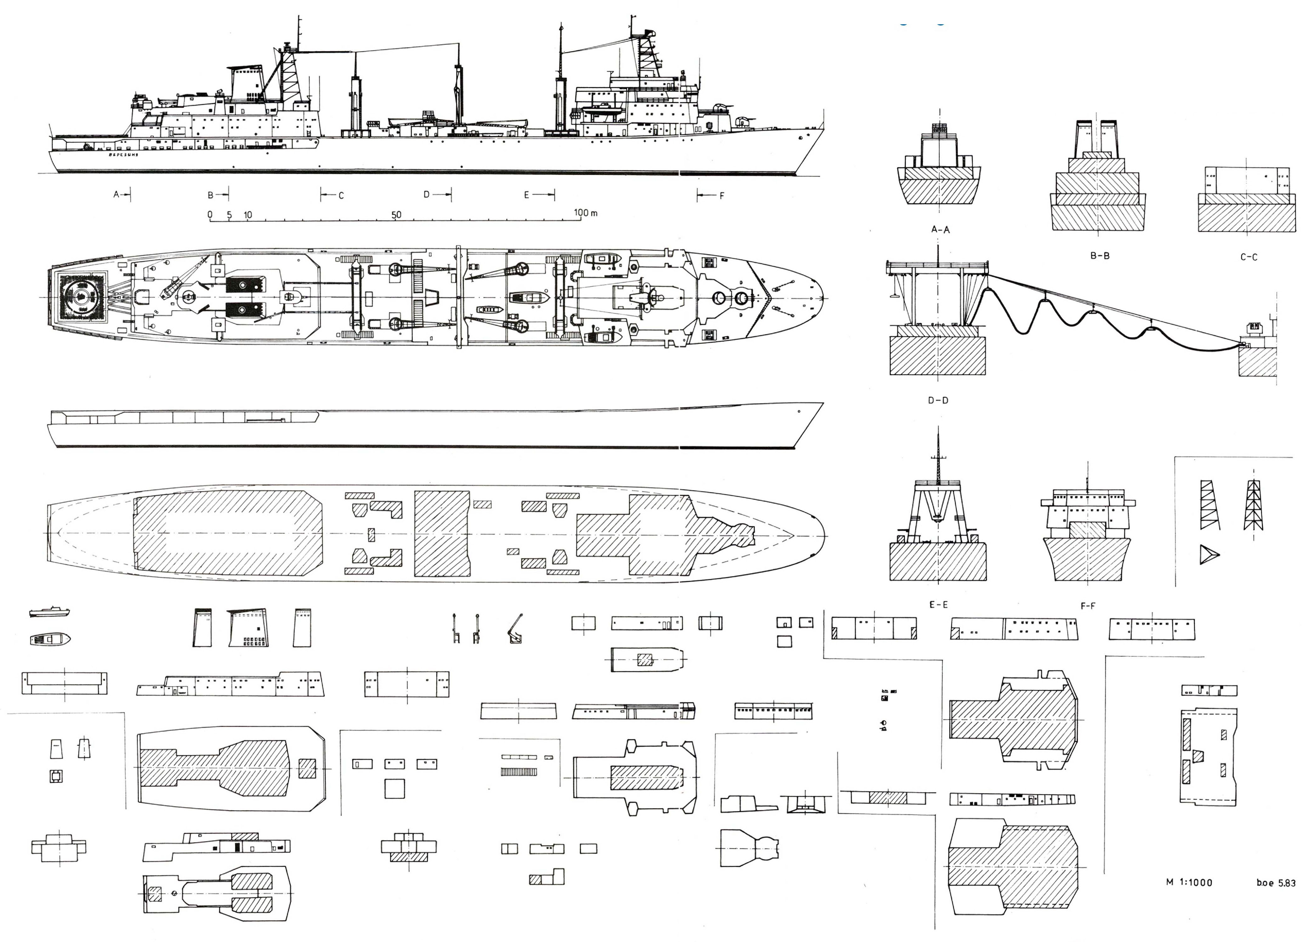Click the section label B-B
point(1100,256)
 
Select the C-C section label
point(1249,257)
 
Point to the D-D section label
point(938,400)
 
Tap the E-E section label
point(938,604)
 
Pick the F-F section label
point(1088,605)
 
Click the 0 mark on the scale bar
point(210,215)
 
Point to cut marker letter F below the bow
point(722,195)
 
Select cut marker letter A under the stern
point(116,194)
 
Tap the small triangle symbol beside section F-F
point(1208,554)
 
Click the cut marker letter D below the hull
point(426,194)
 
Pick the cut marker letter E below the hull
point(526,195)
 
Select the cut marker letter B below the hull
point(210,195)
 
